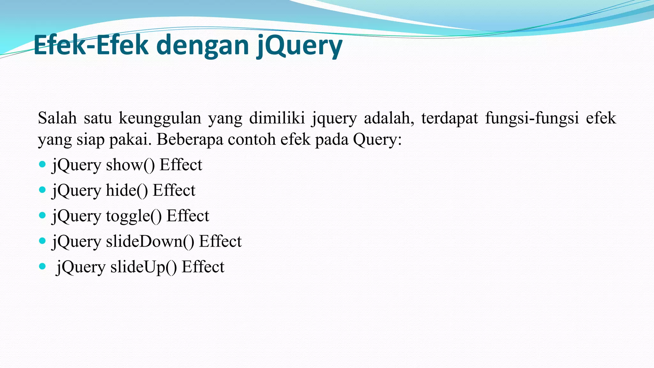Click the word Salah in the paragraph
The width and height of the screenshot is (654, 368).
point(57,118)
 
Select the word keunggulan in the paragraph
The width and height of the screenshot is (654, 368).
point(160,118)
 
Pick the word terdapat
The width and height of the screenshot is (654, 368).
point(449,118)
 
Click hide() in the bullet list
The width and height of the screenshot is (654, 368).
point(127,190)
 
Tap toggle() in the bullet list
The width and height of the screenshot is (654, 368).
point(134,216)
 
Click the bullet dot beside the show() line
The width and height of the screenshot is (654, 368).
point(42,165)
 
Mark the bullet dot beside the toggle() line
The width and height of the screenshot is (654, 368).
point(42,215)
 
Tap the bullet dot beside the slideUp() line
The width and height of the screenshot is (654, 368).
point(42,266)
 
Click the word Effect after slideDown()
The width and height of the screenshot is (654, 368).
point(220,241)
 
